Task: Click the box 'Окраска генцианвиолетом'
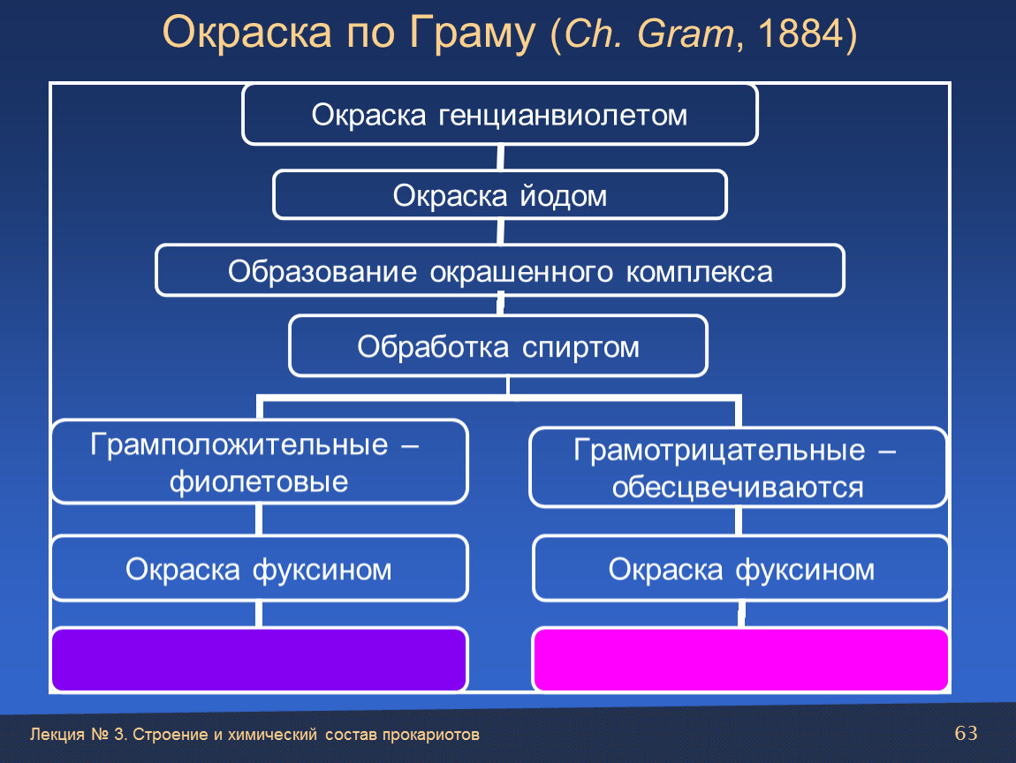tap(499, 115)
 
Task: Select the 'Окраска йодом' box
tap(499, 195)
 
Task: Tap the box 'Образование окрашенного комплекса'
tap(499, 271)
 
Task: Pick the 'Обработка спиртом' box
tap(498, 346)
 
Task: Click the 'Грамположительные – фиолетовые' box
tap(259, 462)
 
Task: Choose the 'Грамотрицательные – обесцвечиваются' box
tap(738, 468)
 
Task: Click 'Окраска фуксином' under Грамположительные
tap(259, 569)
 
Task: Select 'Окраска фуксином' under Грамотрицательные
tap(740, 569)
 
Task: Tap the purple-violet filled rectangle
tap(259, 660)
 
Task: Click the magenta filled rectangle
tap(740, 660)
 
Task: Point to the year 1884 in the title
tap(801, 33)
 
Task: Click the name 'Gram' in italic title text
tap(686, 33)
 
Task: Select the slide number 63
tap(967, 733)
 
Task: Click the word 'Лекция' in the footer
tap(57, 735)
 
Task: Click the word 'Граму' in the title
tap(472, 33)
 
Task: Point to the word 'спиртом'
tap(580, 348)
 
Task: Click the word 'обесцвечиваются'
tap(738, 487)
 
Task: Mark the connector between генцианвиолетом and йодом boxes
tap(500, 157)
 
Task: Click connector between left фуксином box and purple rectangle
tap(259, 614)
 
